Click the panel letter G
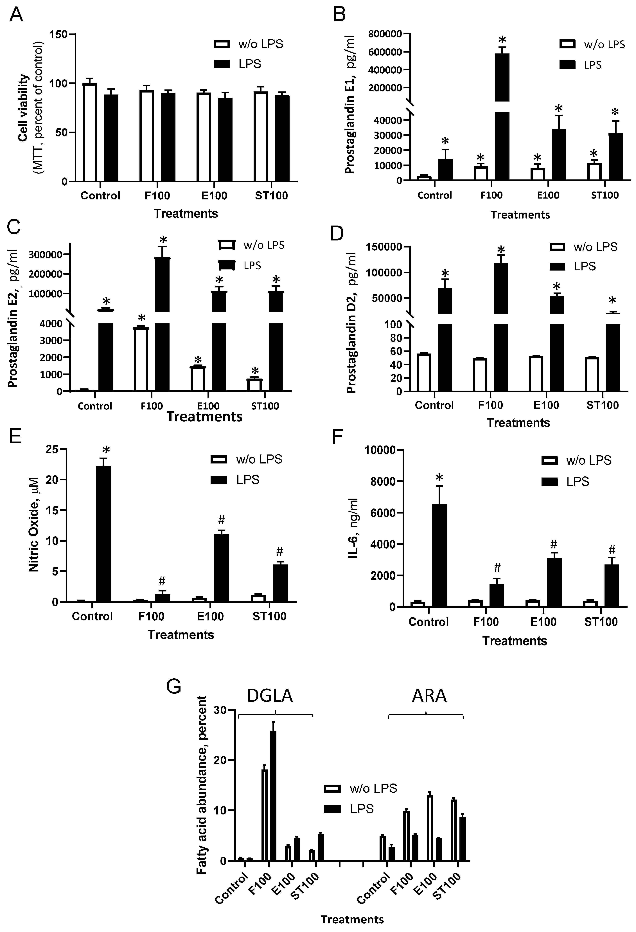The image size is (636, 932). point(174,686)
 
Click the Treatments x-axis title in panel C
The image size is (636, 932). point(204,417)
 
